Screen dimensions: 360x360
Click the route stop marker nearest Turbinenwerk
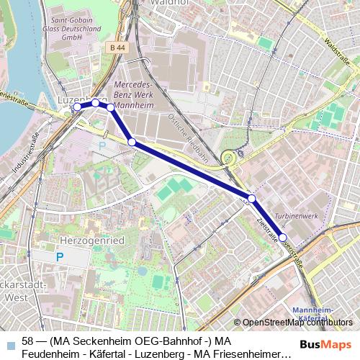(x=251, y=199)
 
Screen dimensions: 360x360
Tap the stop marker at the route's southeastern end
(x=283, y=237)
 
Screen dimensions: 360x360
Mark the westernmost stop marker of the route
(x=77, y=107)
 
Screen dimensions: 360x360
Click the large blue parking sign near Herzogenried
(x=60, y=256)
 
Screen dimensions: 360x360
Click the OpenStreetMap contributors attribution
(x=298, y=322)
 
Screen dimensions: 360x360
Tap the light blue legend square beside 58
(x=9, y=344)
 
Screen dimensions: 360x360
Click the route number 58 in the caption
(x=28, y=341)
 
